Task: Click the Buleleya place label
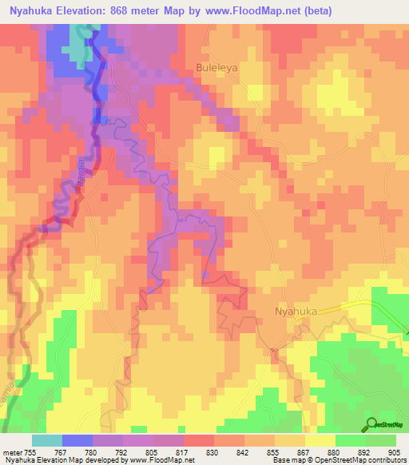pos(216,69)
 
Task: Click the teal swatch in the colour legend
pos(47,440)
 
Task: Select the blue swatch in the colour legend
pos(77,440)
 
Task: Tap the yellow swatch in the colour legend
pos(320,440)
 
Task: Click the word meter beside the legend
pos(13,452)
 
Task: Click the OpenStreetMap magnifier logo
pos(369,424)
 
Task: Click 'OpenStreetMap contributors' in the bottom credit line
pos(364,460)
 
